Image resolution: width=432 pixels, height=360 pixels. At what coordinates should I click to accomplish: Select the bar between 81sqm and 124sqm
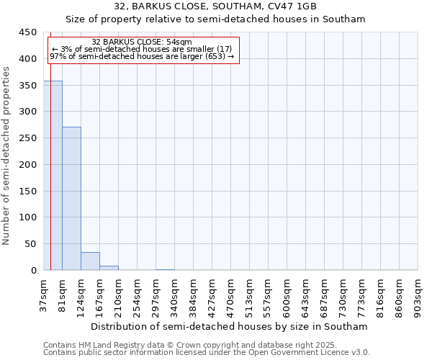click(x=71, y=198)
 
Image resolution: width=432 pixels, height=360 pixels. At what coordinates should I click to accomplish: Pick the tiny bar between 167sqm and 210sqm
click(x=109, y=268)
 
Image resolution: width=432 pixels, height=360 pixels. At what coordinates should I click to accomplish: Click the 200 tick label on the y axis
click(x=27, y=165)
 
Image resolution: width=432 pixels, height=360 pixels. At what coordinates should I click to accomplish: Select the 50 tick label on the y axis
click(x=30, y=244)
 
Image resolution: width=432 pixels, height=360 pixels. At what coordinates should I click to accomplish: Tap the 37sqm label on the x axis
click(x=44, y=293)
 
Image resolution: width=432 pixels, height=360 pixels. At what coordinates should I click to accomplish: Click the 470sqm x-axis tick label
click(x=231, y=294)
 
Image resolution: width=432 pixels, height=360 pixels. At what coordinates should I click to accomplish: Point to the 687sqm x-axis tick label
click(x=325, y=294)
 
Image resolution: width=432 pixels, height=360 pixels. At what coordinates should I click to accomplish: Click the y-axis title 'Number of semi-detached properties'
click(x=7, y=155)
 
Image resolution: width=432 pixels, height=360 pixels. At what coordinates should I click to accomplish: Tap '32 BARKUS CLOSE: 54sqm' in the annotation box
click(x=142, y=42)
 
